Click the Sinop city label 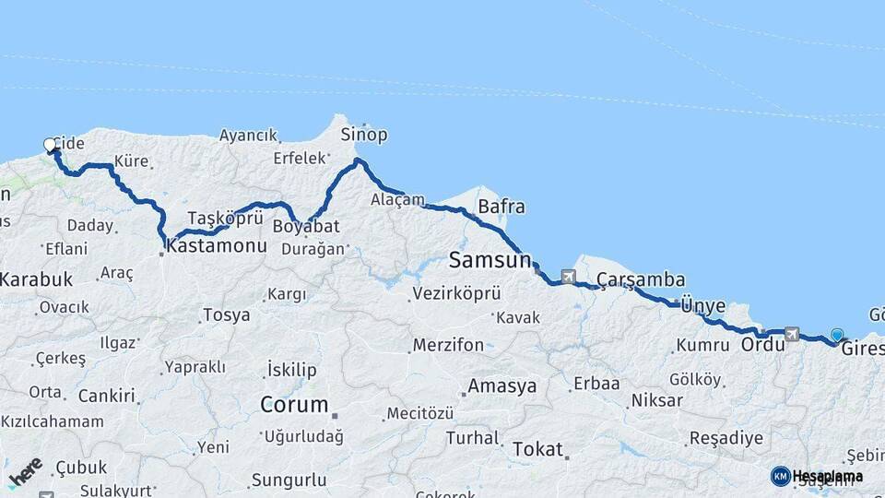364,135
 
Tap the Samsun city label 490,261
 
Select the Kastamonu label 218,247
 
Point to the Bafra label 501,207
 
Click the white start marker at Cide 50,145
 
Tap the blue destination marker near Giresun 836,336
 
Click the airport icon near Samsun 567,276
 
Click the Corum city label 294,405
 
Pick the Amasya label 501,386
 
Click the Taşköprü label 226,218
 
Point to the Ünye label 703,306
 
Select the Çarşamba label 640,279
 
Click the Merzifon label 448,346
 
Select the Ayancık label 248,136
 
